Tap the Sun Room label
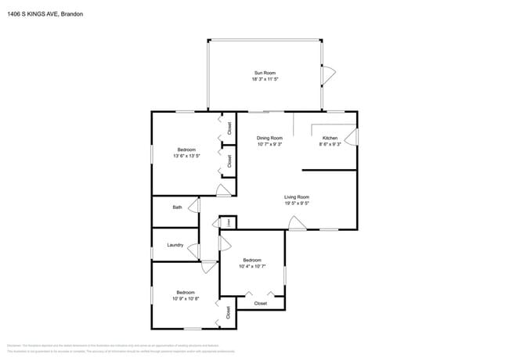pyautogui.click(x=264, y=73)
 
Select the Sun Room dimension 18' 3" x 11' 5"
pyautogui.click(x=264, y=79)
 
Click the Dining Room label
pyautogui.click(x=269, y=138)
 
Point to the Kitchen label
pyautogui.click(x=330, y=138)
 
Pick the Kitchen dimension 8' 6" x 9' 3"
pyautogui.click(x=330, y=144)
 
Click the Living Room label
pyautogui.click(x=297, y=197)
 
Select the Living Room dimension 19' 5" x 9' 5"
pyautogui.click(x=297, y=203)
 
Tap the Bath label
pyautogui.click(x=177, y=207)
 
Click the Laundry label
pyautogui.click(x=175, y=245)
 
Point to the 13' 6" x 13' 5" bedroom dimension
pyautogui.click(x=186, y=156)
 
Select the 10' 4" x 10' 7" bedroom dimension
pyautogui.click(x=251, y=267)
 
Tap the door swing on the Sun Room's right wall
pyautogui.click(x=329, y=75)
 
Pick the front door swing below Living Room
pyautogui.click(x=297, y=224)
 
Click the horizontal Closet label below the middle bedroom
pyautogui.click(x=261, y=303)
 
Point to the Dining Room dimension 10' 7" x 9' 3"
pyautogui.click(x=269, y=144)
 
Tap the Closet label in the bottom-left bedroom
pyautogui.click(x=228, y=312)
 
